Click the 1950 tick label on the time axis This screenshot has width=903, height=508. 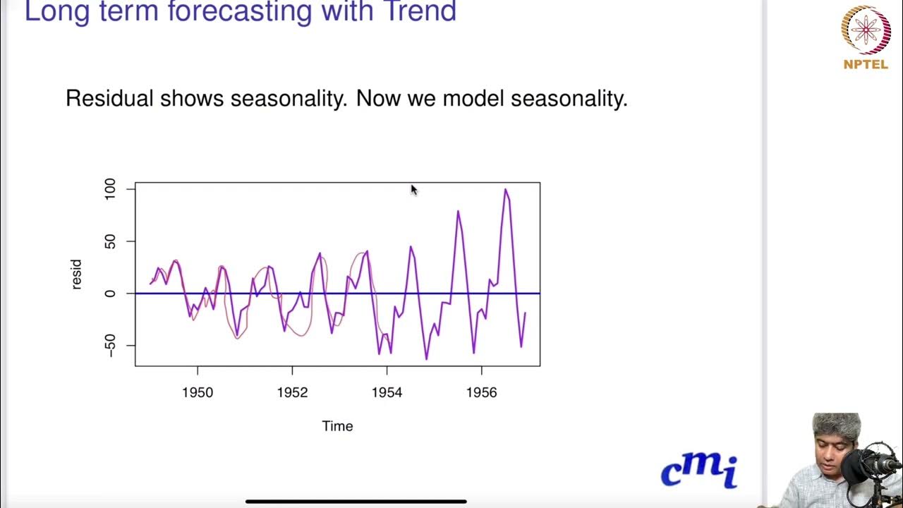coord(198,393)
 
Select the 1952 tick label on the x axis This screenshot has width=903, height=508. coord(292,393)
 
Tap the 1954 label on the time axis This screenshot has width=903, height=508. coord(387,393)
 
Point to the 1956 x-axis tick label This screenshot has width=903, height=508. coord(481,393)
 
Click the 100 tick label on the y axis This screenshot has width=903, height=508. coord(110,189)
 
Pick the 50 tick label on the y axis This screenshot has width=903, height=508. coord(110,241)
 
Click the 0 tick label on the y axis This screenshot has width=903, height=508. coord(110,294)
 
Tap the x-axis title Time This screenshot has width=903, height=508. coord(337,426)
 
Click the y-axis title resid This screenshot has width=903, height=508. coord(76,274)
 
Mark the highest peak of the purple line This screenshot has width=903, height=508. coord(505,189)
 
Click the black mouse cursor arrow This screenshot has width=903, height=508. coord(413,189)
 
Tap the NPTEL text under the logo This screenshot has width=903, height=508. coord(866,64)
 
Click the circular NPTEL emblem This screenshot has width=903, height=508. coord(866,30)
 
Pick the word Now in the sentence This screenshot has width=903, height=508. coord(378,98)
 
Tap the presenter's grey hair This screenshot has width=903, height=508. coord(837,425)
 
